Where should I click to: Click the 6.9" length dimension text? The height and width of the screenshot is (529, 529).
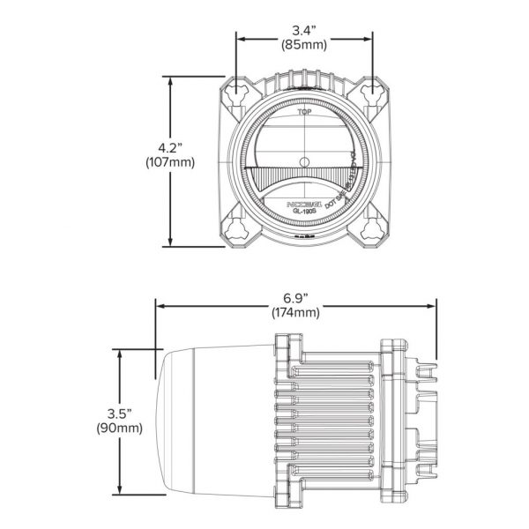296,296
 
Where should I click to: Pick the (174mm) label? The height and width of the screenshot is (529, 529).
296,312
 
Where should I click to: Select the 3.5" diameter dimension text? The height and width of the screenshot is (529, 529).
117,413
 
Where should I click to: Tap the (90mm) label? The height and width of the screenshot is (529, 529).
117,428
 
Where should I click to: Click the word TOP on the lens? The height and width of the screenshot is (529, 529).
304,114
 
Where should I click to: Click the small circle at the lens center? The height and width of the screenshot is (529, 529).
304,160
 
